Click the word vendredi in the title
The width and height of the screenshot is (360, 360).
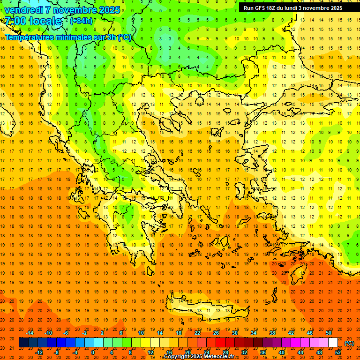(23, 10)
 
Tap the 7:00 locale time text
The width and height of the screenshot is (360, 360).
(33, 21)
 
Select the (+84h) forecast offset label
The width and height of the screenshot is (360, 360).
(81, 21)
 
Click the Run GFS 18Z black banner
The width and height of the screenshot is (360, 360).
(292, 7)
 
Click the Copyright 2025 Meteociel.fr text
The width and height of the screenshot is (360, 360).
(199, 357)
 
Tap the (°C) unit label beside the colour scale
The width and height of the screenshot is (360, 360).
(349, 343)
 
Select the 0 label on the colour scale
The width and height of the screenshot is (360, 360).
(92, 352)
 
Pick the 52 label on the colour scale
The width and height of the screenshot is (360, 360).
(338, 352)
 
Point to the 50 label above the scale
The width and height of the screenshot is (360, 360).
(329, 333)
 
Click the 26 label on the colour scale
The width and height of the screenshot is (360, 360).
(216, 333)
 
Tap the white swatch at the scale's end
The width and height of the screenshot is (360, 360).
(333, 343)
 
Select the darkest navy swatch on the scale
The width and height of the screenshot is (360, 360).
(24, 343)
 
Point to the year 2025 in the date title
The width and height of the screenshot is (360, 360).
(109, 10)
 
